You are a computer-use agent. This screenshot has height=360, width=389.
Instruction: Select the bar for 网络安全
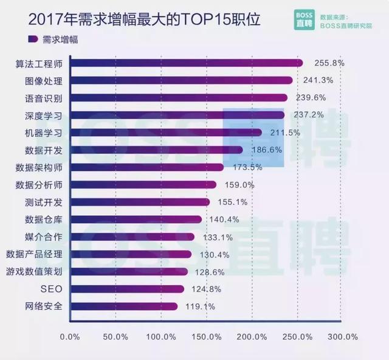[124, 306]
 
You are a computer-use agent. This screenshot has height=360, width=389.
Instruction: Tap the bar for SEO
[127, 289]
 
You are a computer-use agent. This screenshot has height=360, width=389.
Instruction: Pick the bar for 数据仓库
[136, 220]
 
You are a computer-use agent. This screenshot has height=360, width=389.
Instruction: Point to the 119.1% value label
[201, 306]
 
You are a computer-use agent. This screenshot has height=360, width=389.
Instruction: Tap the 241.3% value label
[319, 80]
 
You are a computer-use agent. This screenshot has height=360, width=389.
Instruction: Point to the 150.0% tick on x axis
[206, 336]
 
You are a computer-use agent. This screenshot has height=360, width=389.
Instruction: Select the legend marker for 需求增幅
[32, 40]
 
